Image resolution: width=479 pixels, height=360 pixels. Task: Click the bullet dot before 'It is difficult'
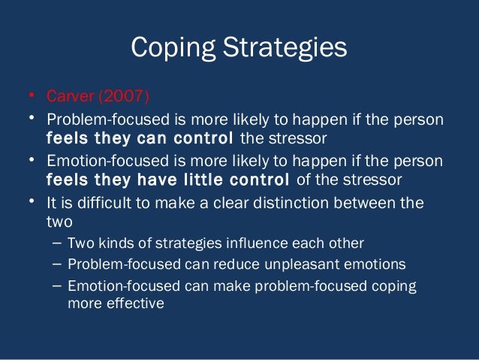[x=32, y=201]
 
